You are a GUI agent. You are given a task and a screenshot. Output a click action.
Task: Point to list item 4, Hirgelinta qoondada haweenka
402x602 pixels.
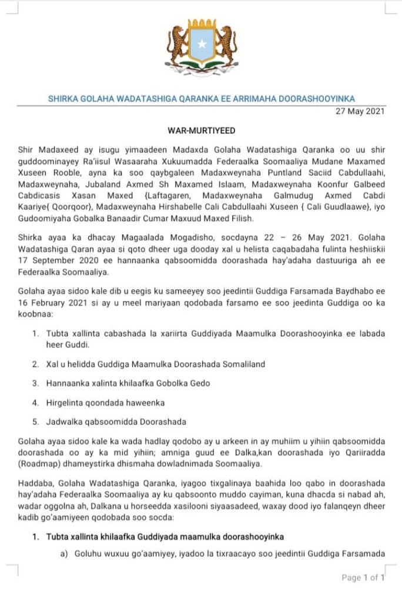pos(105,402)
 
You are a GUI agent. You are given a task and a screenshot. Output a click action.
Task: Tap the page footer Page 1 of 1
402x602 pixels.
pos(363,578)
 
